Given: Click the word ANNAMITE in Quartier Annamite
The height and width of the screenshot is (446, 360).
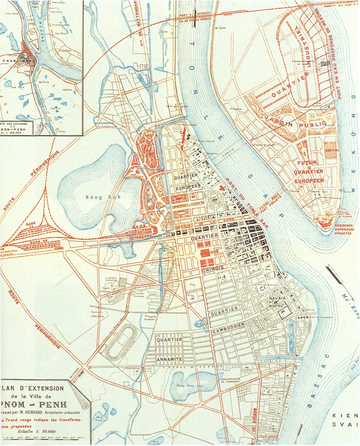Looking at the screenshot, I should point(169,359).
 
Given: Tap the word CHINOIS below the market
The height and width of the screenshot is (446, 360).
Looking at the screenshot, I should point(213,269).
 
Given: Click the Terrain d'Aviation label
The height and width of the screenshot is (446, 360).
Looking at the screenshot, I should point(95,314).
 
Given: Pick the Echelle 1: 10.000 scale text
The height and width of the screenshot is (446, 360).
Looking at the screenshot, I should point(36,431).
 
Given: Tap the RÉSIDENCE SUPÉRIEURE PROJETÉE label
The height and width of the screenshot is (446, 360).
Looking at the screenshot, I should point(344,229).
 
